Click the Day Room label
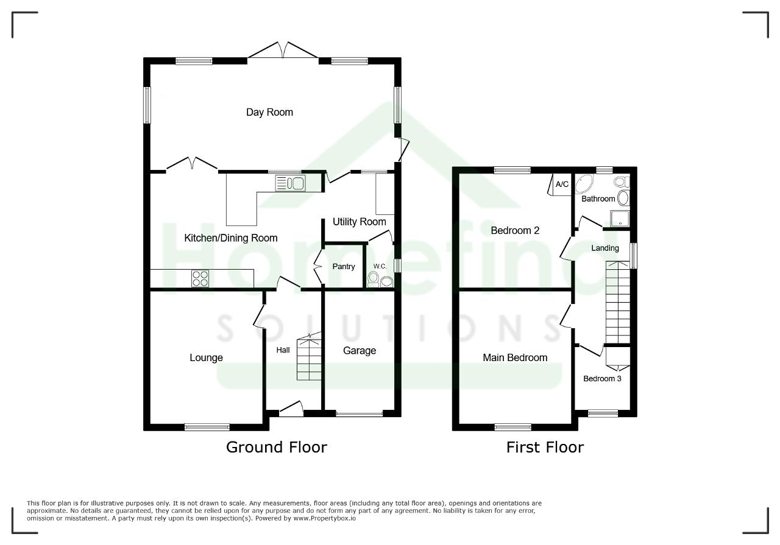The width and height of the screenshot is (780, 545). click(269, 113)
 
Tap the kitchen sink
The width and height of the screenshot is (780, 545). click(291, 183)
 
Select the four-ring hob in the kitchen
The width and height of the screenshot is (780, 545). click(200, 278)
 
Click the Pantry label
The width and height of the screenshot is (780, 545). click(343, 267)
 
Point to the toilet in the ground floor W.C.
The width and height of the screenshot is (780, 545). click(374, 280)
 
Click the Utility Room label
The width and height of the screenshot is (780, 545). click(360, 222)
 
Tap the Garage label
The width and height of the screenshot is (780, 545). click(360, 351)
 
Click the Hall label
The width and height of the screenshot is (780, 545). click(283, 350)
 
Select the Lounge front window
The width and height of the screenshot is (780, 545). click(207, 427)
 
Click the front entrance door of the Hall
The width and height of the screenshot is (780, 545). click(291, 409)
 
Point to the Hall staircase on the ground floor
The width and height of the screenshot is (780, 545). click(309, 357)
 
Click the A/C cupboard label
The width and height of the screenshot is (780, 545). click(562, 184)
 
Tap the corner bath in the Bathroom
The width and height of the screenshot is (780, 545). click(584, 183)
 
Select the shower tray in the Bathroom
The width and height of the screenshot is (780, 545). click(620, 219)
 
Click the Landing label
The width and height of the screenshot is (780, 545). click(605, 248)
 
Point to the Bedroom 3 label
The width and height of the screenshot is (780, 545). click(602, 379)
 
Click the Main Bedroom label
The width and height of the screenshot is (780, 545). click(515, 357)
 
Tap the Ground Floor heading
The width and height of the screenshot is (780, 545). click(277, 447)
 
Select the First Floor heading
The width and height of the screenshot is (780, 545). click(545, 447)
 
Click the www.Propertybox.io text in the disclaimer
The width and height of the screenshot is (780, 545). click(324, 518)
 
